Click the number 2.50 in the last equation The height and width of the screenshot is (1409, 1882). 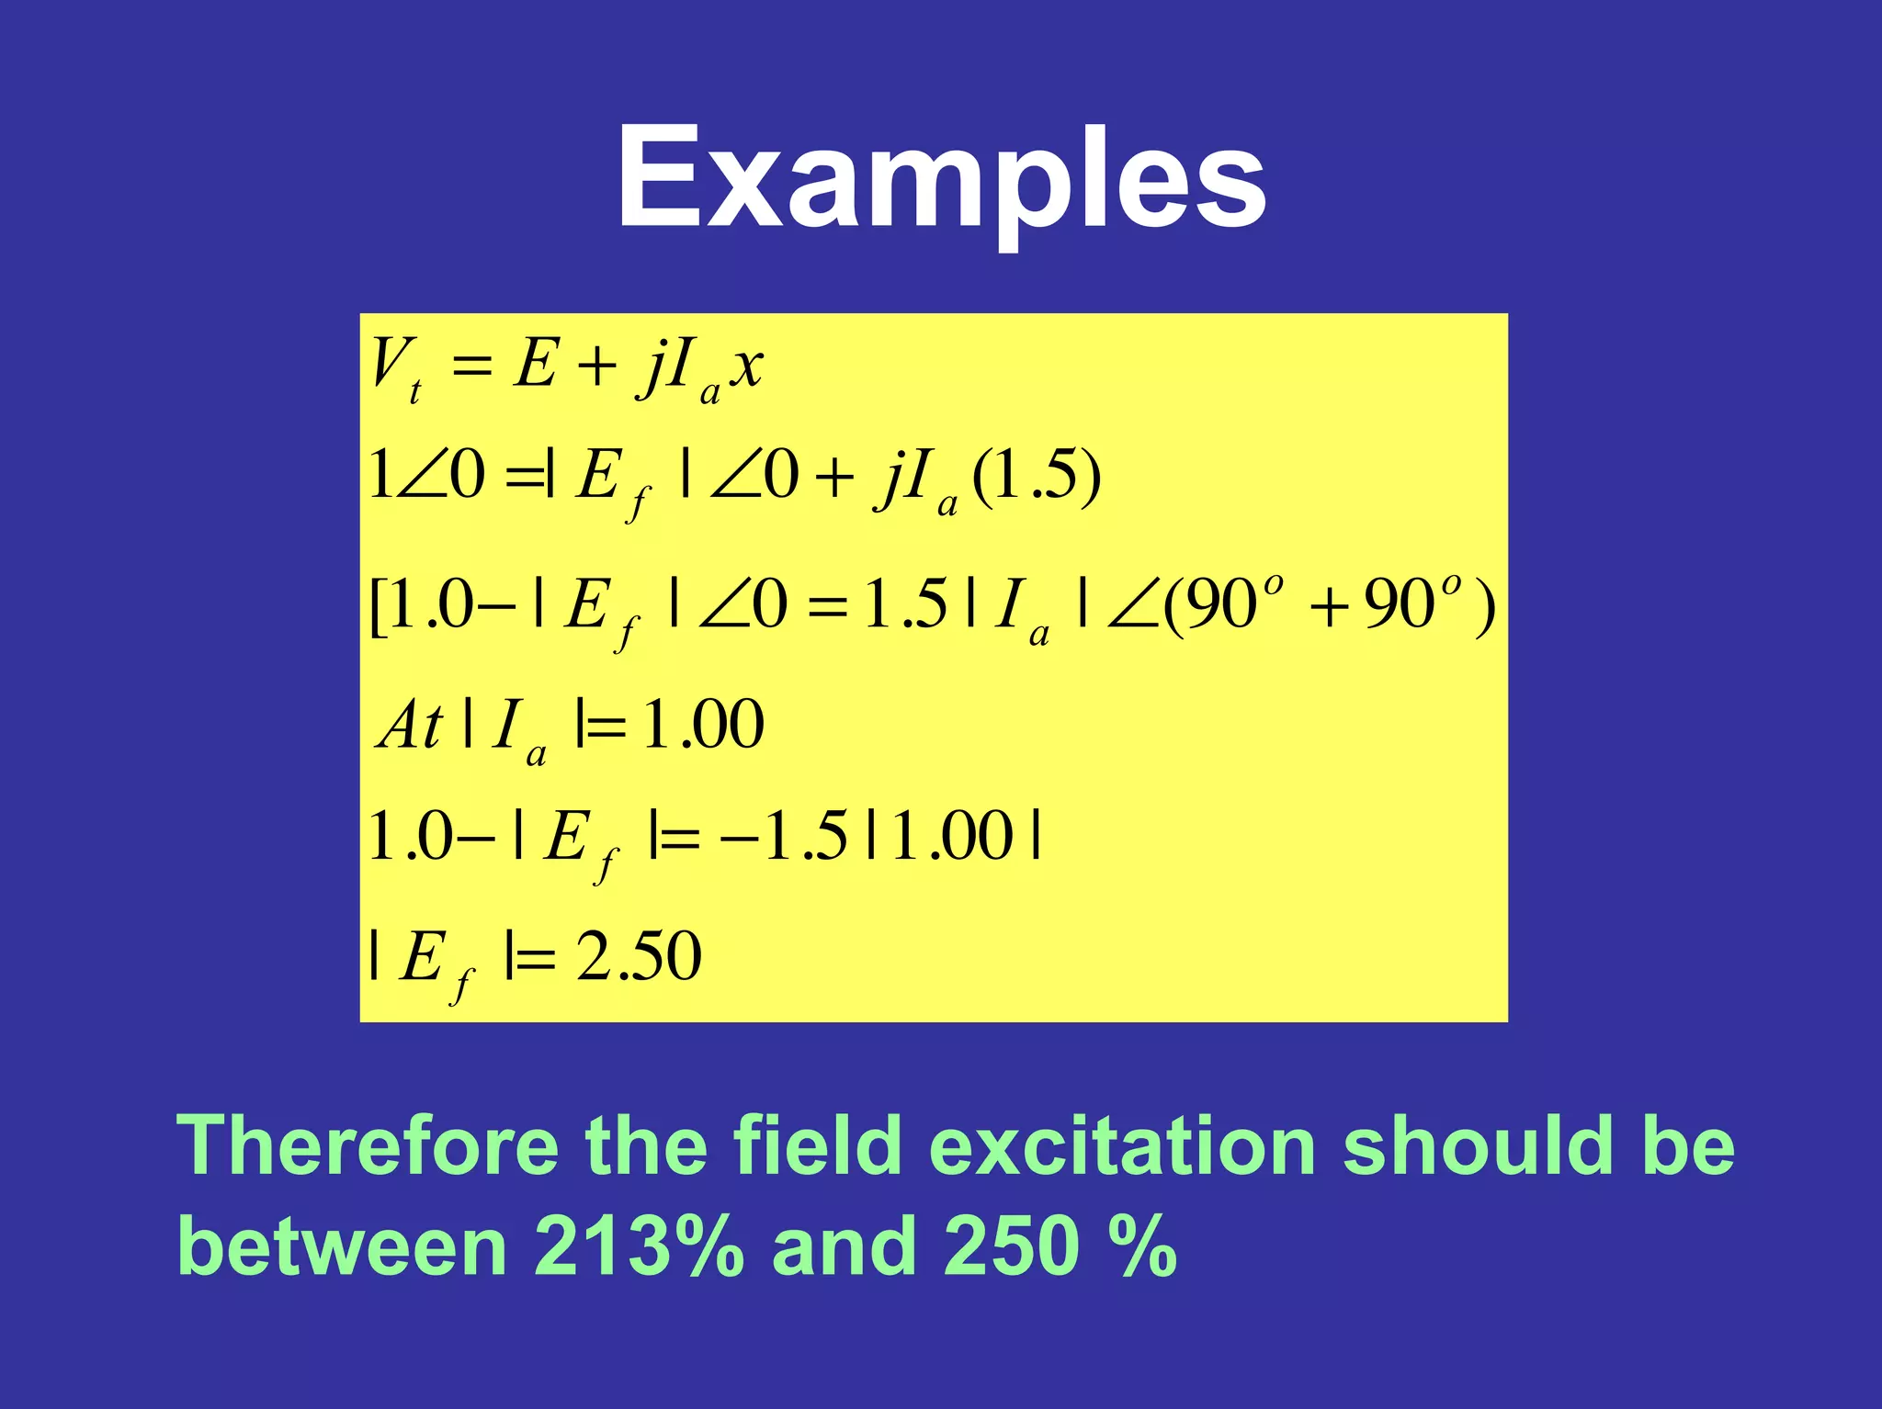pyautogui.click(x=639, y=955)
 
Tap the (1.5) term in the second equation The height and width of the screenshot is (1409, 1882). pyautogui.click(x=1036, y=476)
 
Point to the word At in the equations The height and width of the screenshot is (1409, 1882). pyautogui.click(x=410, y=725)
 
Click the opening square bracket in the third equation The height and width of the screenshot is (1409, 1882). pyautogui.click(x=376, y=607)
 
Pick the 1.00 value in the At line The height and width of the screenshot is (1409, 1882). pyautogui.click(x=703, y=725)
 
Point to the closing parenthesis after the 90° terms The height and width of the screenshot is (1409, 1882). pyautogui.click(x=1482, y=607)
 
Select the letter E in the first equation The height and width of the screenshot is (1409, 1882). pyautogui.click(x=535, y=364)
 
